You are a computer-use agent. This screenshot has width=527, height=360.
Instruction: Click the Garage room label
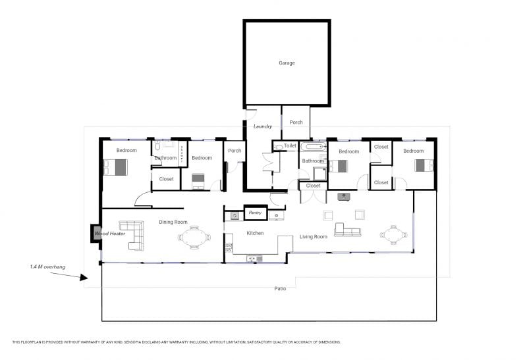pyautogui.click(x=287, y=63)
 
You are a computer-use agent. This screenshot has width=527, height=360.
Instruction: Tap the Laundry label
pyautogui.click(x=262, y=126)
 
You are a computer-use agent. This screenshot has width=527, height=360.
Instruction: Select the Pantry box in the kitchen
pyautogui.click(x=256, y=213)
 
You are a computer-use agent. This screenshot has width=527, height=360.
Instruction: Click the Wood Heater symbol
pyautogui.click(x=96, y=233)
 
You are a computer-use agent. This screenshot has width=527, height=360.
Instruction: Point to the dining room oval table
pyautogui.click(x=194, y=238)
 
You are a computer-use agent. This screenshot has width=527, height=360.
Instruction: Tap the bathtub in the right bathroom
pyautogui.click(x=314, y=146)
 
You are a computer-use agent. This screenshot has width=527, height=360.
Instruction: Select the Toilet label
pyautogui.click(x=290, y=145)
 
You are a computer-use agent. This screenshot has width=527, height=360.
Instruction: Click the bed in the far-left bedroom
pyautogui.click(x=115, y=167)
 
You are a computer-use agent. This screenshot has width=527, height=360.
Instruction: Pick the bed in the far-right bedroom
pyautogui.click(x=424, y=166)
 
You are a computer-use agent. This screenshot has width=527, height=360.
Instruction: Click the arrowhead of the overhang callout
pyautogui.click(x=84, y=277)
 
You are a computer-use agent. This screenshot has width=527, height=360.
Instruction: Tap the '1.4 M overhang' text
pyautogui.click(x=47, y=267)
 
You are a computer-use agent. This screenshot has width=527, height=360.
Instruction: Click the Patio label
pyautogui.click(x=280, y=288)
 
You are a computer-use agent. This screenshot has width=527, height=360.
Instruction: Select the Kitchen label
pyautogui.click(x=255, y=233)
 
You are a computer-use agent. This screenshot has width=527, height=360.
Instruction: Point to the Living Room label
pyautogui.click(x=314, y=237)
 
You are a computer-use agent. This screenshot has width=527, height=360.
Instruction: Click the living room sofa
pyautogui.click(x=348, y=230)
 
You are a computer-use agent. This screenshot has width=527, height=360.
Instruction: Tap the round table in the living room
pyautogui.click(x=393, y=234)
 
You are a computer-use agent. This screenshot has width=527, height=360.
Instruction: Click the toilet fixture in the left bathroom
pyautogui.click(x=157, y=145)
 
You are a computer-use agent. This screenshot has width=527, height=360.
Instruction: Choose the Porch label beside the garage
pyautogui.click(x=296, y=122)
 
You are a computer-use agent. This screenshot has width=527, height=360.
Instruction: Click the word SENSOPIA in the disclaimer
pyautogui.click(x=134, y=342)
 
